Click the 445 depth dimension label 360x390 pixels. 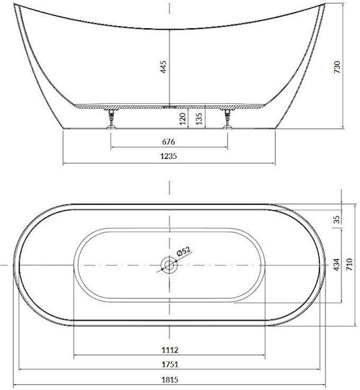tap(163, 66)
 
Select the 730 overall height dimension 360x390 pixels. tap(337, 66)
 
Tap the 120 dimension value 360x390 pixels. tap(183, 119)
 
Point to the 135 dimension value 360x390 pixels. tap(199, 119)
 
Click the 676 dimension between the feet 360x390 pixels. tap(168, 142)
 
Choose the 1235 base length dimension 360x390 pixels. tap(169, 156)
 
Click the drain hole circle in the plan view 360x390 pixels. tap(170, 264)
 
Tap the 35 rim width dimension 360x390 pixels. tap(336, 219)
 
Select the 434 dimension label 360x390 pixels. tap(336, 264)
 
